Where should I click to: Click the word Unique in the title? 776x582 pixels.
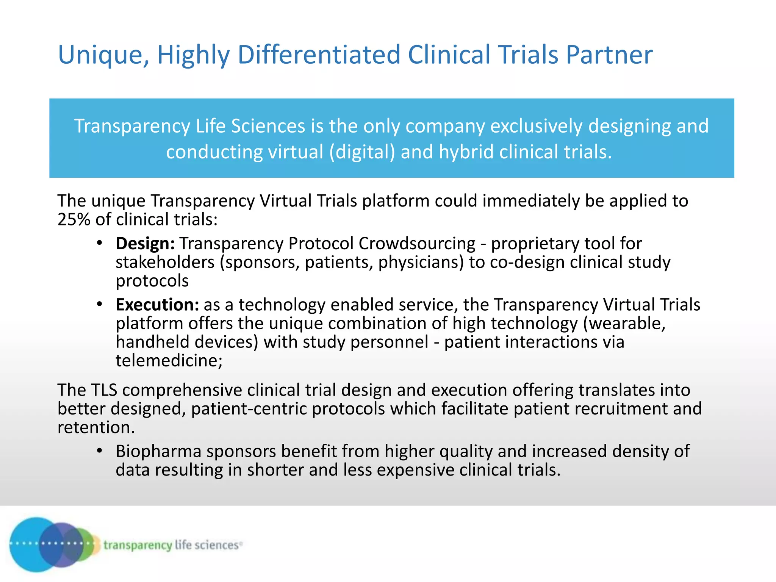pyautogui.click(x=100, y=55)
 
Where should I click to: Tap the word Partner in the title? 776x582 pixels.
pyautogui.click(x=609, y=55)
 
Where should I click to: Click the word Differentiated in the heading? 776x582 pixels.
pyautogui.click(x=319, y=55)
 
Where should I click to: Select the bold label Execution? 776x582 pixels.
pyautogui.click(x=157, y=305)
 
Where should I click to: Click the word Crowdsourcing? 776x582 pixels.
pyautogui.click(x=417, y=244)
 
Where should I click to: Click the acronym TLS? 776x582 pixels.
pyautogui.click(x=104, y=390)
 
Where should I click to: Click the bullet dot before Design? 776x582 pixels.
pyautogui.click(x=99, y=243)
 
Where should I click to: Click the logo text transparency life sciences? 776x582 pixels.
pyautogui.click(x=172, y=545)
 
